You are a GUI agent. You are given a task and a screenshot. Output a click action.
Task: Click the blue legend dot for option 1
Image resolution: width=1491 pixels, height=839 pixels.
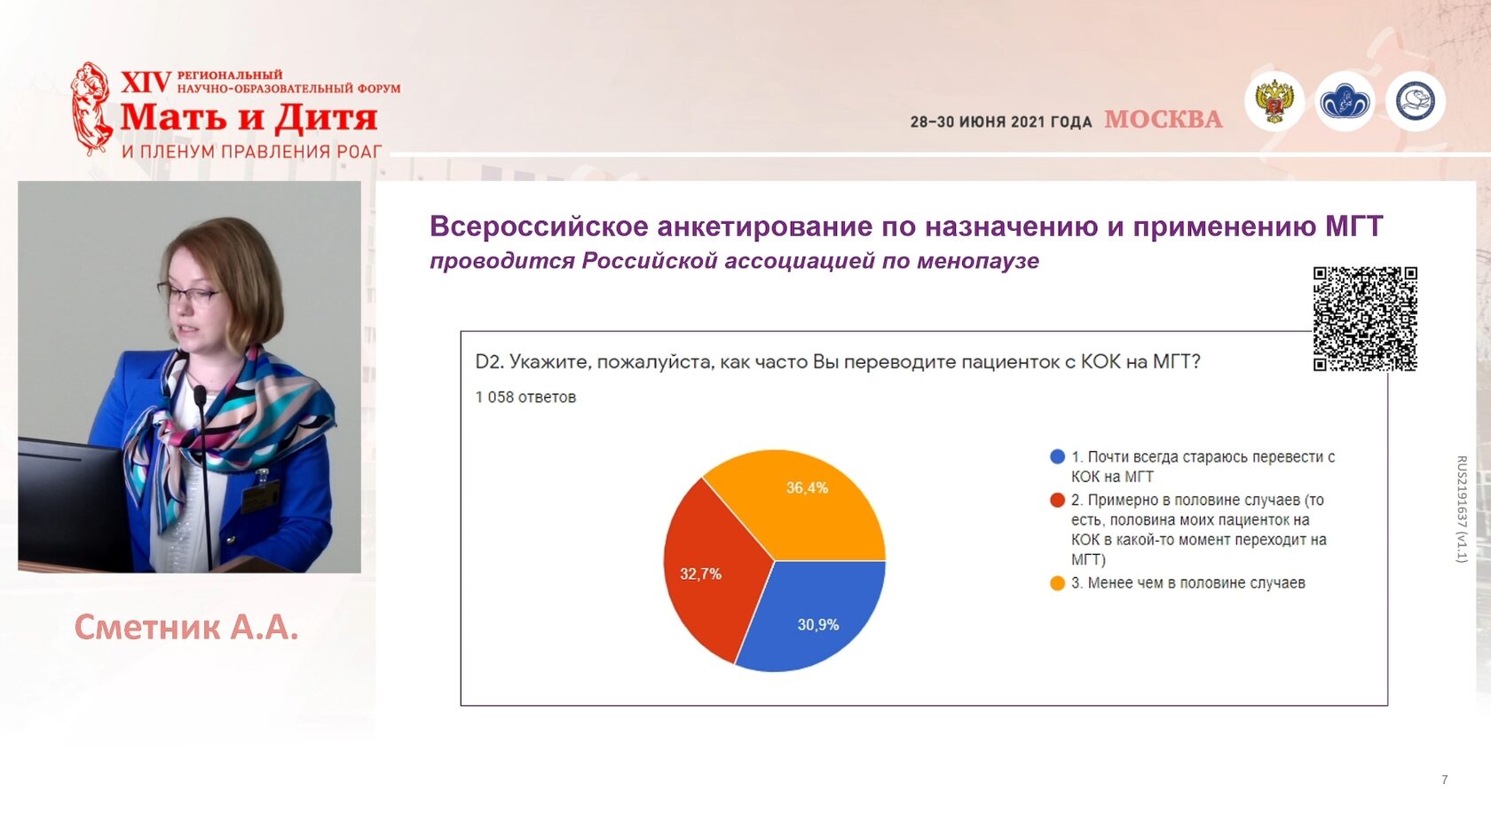[1057, 456]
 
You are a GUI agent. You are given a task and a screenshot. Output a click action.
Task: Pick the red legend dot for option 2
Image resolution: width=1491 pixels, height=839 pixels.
[1057, 500]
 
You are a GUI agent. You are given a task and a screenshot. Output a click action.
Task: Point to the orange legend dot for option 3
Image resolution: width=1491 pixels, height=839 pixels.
[1057, 583]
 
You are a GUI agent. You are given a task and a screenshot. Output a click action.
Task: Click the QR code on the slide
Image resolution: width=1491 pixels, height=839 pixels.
[1365, 318]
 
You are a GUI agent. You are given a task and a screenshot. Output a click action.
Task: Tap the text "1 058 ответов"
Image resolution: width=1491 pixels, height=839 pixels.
[525, 398]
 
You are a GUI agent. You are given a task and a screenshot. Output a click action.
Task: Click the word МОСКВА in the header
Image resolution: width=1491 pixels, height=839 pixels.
[1164, 119]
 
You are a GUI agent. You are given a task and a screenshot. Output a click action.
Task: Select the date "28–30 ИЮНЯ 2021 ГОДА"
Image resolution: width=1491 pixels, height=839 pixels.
[1001, 122]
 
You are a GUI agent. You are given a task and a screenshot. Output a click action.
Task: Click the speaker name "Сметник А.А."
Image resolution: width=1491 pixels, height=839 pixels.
[186, 627]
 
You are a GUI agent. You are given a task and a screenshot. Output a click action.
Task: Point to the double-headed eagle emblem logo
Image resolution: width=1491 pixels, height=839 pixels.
[1274, 101]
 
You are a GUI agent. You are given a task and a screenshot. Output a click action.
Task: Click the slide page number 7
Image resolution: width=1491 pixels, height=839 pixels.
[1445, 780]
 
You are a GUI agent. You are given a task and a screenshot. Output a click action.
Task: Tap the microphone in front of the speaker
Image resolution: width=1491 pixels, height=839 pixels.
[203, 466]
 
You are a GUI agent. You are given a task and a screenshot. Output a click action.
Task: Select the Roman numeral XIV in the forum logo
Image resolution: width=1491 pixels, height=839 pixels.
[146, 83]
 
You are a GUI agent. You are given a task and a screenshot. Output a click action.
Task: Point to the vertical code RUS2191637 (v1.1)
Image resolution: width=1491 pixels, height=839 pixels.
[1462, 510]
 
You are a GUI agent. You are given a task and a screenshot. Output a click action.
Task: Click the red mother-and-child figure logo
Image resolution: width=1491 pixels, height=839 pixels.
[91, 108]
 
